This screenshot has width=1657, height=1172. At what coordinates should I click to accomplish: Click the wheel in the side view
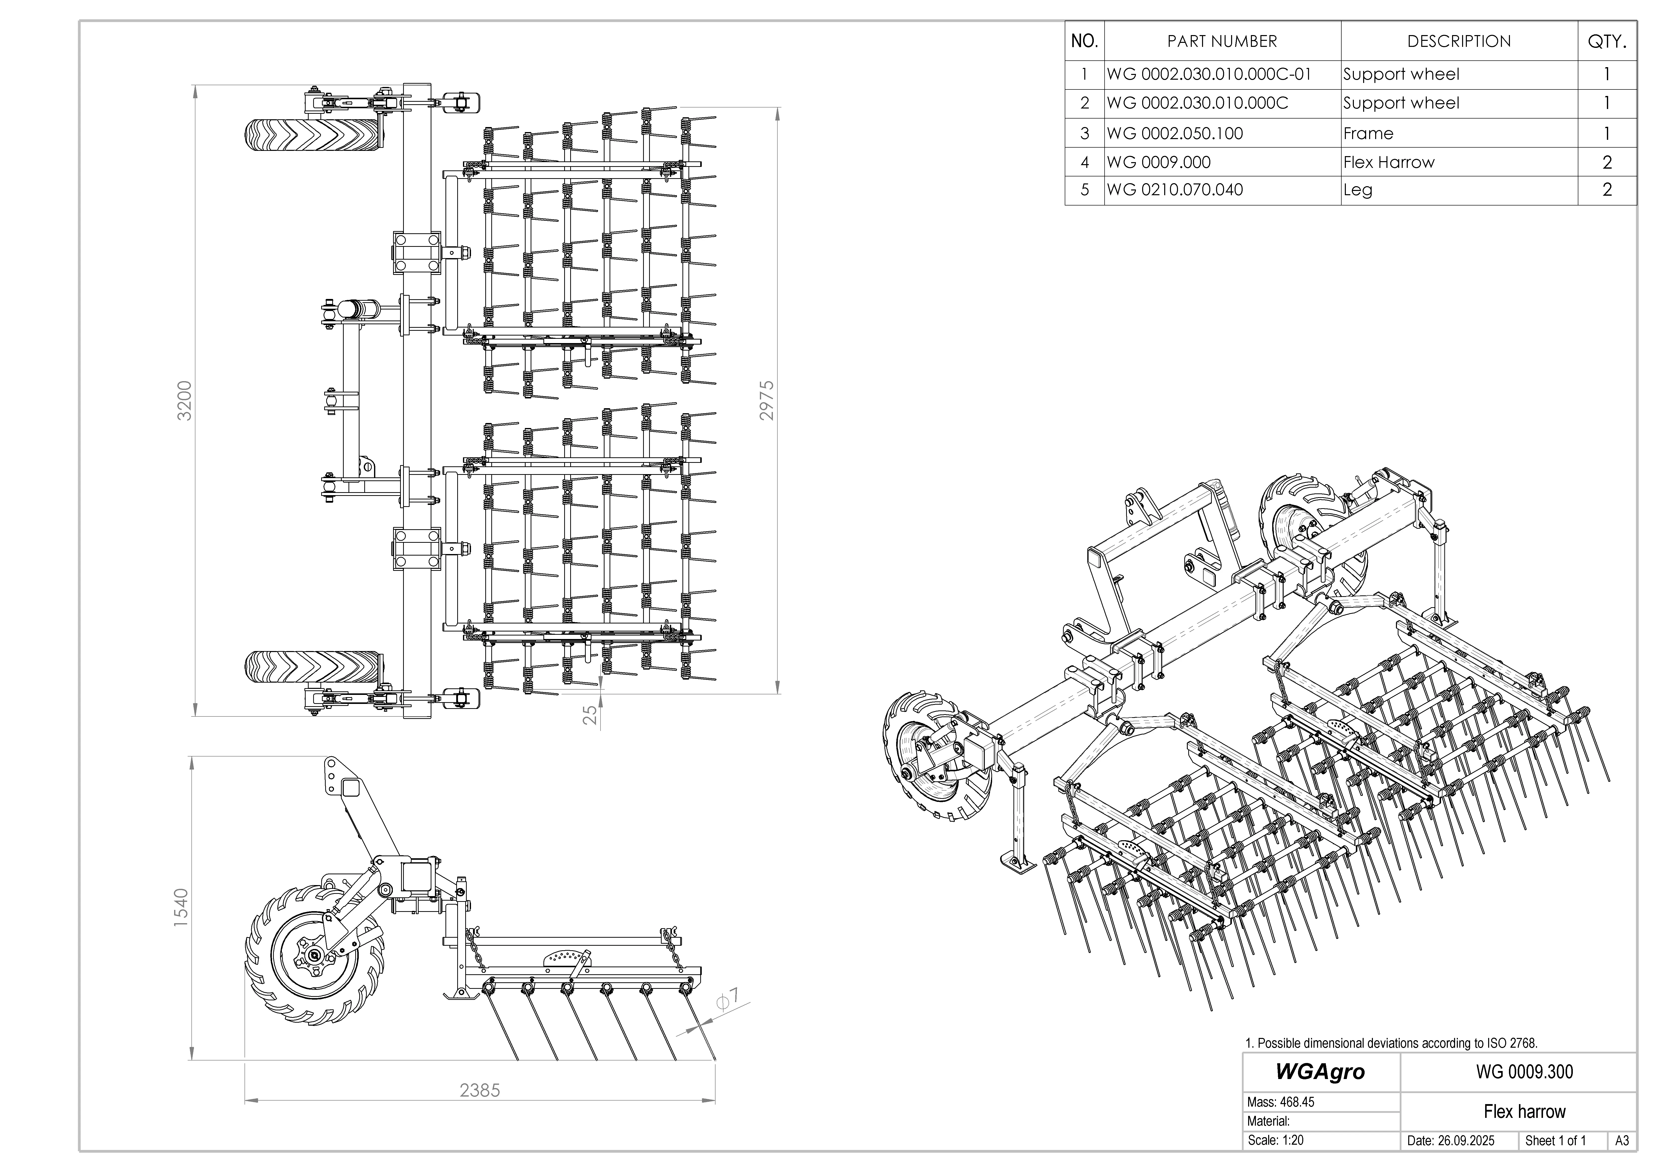[x=304, y=953]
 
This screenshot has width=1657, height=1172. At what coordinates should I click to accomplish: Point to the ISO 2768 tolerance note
[x=1391, y=1043]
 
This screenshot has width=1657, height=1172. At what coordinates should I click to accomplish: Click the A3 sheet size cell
[x=1622, y=1141]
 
